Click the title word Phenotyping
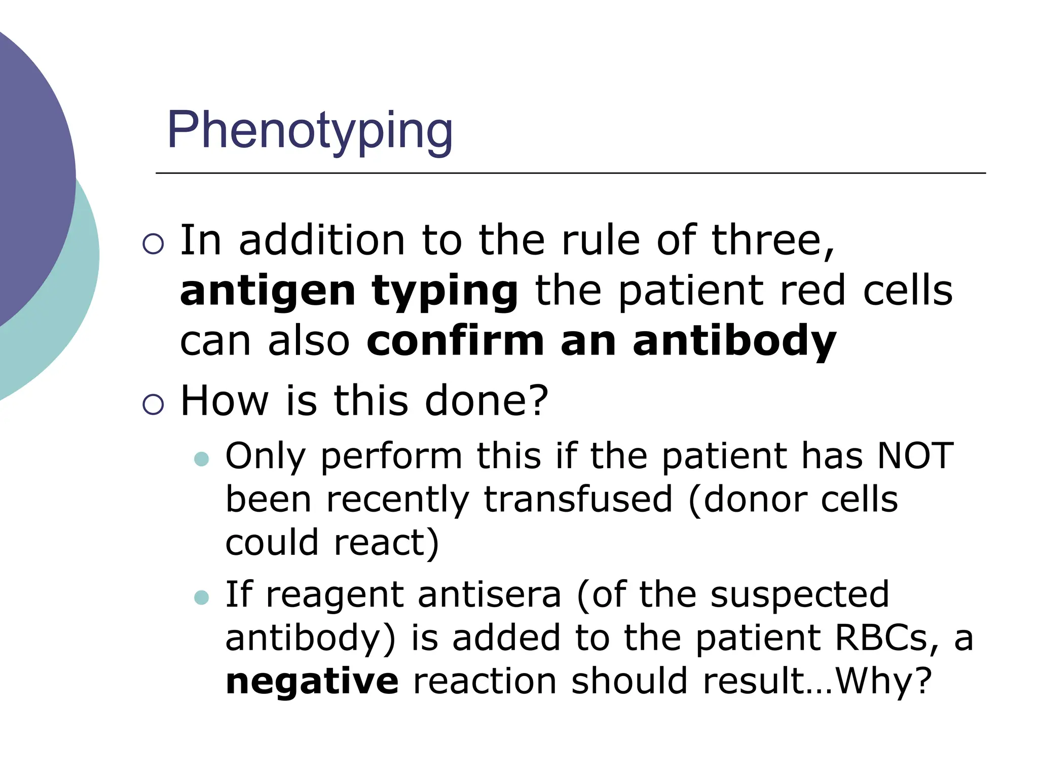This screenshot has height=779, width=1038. [310, 131]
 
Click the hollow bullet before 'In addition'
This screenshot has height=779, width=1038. [153, 244]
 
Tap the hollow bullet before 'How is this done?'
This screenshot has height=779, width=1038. [153, 405]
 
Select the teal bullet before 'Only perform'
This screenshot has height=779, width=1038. [202, 459]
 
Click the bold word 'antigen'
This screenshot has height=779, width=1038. [268, 292]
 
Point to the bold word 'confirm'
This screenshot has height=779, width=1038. [455, 341]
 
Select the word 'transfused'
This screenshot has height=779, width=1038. [578, 500]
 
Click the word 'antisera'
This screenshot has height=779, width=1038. [490, 594]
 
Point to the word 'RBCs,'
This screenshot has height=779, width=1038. [888, 638]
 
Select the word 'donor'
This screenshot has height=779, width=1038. [755, 500]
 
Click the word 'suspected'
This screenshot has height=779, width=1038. [799, 594]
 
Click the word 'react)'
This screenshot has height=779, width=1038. [387, 543]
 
